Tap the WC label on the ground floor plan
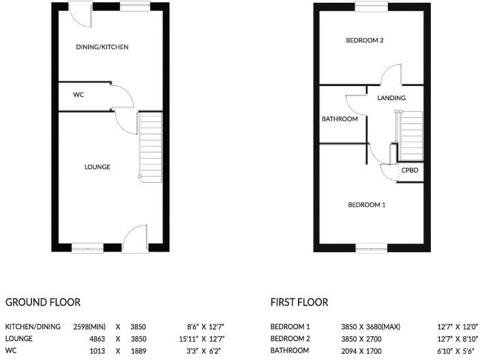(78, 95)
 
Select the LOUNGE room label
(97, 167)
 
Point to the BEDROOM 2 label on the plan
(365, 40)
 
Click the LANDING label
(391, 98)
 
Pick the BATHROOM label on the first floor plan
(340, 119)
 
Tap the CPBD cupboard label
(410, 170)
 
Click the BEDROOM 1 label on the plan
(367, 205)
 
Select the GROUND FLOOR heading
(43, 302)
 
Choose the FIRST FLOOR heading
(299, 302)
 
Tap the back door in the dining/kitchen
(80, 16)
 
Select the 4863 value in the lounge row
(95, 339)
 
